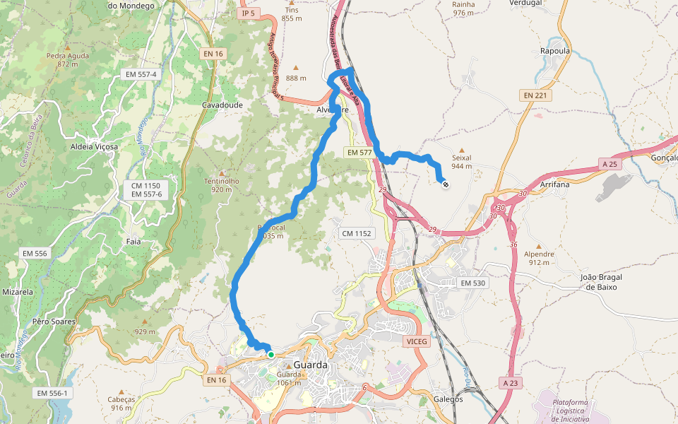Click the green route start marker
tap(270, 354)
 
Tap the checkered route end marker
tap(446, 184)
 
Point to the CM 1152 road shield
tap(356, 233)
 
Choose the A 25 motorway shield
tap(610, 164)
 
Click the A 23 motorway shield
tap(511, 383)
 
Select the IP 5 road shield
tap(248, 13)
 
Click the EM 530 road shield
tap(473, 283)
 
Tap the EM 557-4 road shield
tap(141, 74)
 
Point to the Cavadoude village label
tap(222, 105)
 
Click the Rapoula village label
tap(554, 51)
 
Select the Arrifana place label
tap(554, 184)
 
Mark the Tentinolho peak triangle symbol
tap(222, 172)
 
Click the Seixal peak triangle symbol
tap(462, 150)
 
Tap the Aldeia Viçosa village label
tap(94, 146)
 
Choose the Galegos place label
tap(448, 399)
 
